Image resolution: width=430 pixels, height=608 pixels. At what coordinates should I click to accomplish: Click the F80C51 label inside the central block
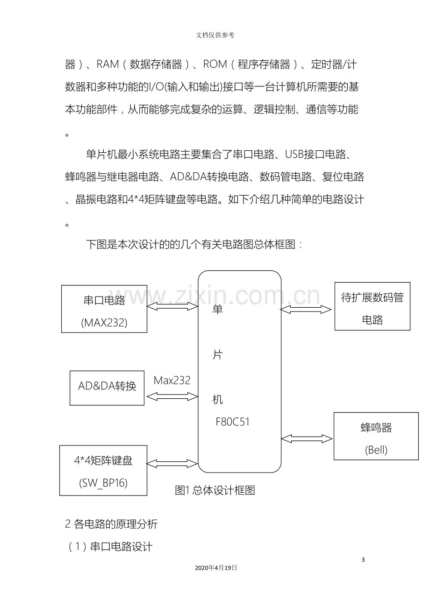[x=232, y=422]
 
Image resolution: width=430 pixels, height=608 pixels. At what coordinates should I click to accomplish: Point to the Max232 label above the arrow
[x=172, y=380]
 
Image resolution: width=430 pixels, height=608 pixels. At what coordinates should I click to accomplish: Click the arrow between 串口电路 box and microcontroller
[x=172, y=307]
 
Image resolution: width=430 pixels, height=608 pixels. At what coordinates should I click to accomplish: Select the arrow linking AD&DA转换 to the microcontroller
[x=172, y=396]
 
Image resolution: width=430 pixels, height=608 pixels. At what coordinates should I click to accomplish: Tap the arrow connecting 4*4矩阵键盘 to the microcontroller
[x=172, y=464]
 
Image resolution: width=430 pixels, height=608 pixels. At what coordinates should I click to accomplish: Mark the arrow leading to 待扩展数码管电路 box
[x=306, y=310]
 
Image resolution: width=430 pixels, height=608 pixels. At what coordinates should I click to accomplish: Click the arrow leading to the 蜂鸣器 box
[x=307, y=438]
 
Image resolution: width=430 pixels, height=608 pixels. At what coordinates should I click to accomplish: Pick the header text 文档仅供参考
[x=215, y=35]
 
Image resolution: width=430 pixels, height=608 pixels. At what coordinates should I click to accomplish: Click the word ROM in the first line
[x=215, y=64]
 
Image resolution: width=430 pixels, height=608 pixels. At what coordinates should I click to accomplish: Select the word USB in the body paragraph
[x=294, y=155]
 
